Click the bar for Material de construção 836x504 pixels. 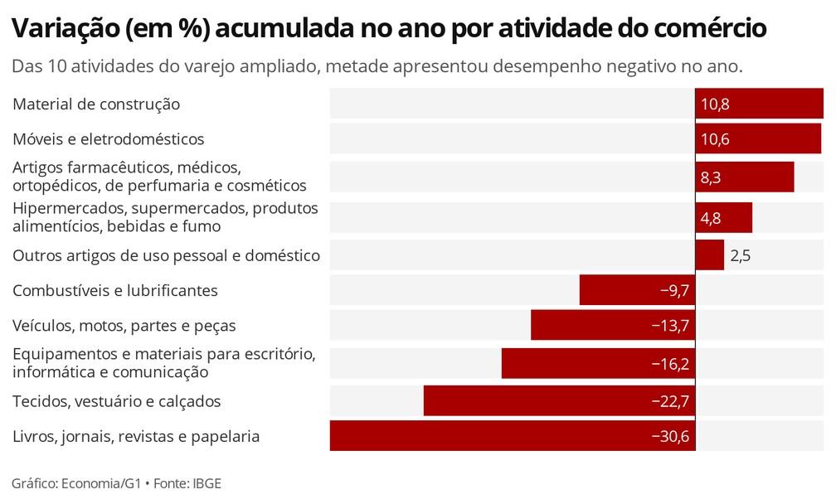coord(759,104)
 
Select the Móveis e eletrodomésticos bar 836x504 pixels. coord(758,139)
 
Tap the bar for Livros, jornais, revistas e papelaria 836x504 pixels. coord(513,436)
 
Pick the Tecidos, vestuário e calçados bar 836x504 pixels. coord(559,401)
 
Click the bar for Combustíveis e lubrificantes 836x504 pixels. coord(637,290)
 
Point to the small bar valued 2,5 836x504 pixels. coord(710,255)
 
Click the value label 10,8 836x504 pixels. coord(715,104)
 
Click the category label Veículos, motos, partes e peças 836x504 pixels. coord(124,326)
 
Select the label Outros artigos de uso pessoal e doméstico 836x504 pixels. coord(166,255)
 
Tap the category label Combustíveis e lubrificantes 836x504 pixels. coord(115,290)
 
